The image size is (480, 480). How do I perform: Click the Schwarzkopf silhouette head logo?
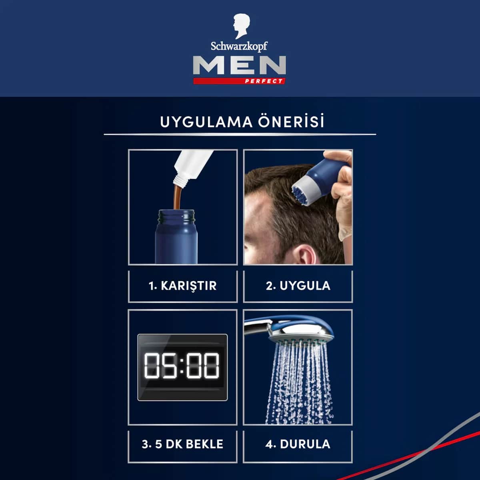tap(241, 26)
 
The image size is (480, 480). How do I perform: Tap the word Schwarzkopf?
tap(239, 46)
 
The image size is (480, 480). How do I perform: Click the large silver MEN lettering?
tap(239, 65)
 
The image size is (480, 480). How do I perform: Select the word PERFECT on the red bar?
tap(264, 81)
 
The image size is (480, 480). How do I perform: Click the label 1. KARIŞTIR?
tap(182, 286)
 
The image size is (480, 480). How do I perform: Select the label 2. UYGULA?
tap(298, 286)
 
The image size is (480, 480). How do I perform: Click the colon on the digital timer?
tap(182, 366)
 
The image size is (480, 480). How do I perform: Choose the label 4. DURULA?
tap(298, 444)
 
